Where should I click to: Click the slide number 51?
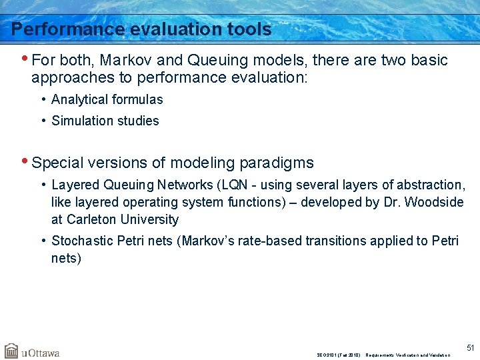pyautogui.click(x=471, y=347)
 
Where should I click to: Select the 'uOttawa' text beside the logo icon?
pyautogui.click(x=40, y=353)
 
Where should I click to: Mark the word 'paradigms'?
pyautogui.click(x=278, y=163)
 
